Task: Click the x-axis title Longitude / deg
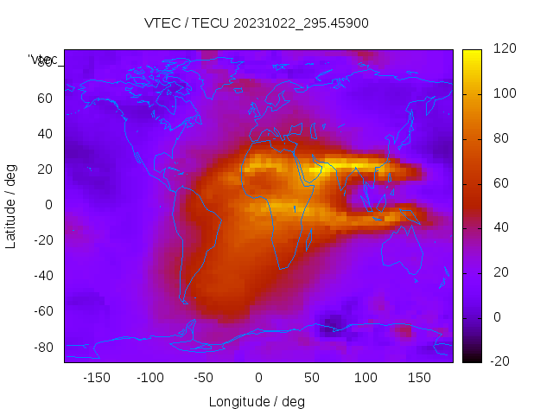257,402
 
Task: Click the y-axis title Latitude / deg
11,205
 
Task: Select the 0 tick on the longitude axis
257,378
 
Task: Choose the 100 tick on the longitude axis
365,378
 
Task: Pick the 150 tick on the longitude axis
419,378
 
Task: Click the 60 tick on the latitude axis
45,99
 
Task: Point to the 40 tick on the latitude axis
45,134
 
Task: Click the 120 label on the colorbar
505,49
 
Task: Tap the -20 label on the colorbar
503,361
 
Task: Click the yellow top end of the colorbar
472,54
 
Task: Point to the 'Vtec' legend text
42,60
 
